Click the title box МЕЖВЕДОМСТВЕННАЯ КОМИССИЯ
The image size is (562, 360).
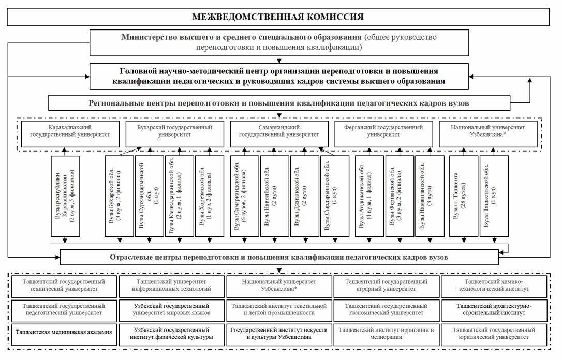click(278, 17)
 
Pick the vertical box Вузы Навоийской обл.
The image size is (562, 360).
click(274, 196)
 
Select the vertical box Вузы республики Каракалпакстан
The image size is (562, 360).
click(66, 196)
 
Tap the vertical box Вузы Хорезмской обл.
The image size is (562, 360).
click(210, 196)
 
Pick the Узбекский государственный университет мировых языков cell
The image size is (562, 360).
click(171, 309)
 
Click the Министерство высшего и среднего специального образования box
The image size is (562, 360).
click(279, 42)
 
